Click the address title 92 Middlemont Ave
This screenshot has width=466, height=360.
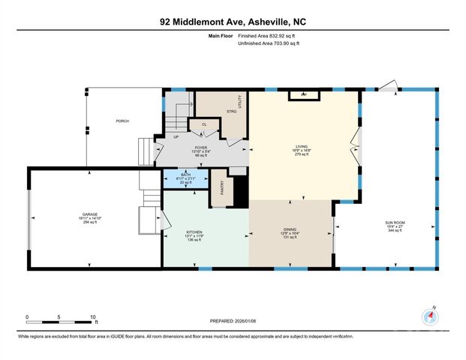pos(233,22)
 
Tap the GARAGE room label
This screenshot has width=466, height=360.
pos(90,214)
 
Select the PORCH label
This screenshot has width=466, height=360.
pos(122,121)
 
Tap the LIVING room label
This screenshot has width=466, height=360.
pos(302,147)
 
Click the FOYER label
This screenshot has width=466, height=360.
pos(200,148)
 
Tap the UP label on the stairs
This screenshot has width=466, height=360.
pos(176,137)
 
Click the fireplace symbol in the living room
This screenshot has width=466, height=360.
pos(303,94)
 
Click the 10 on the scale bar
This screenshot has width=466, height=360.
pos(92,316)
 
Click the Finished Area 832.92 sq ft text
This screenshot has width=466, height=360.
pos(268,35)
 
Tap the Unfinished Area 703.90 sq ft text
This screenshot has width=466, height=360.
pos(268,44)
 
